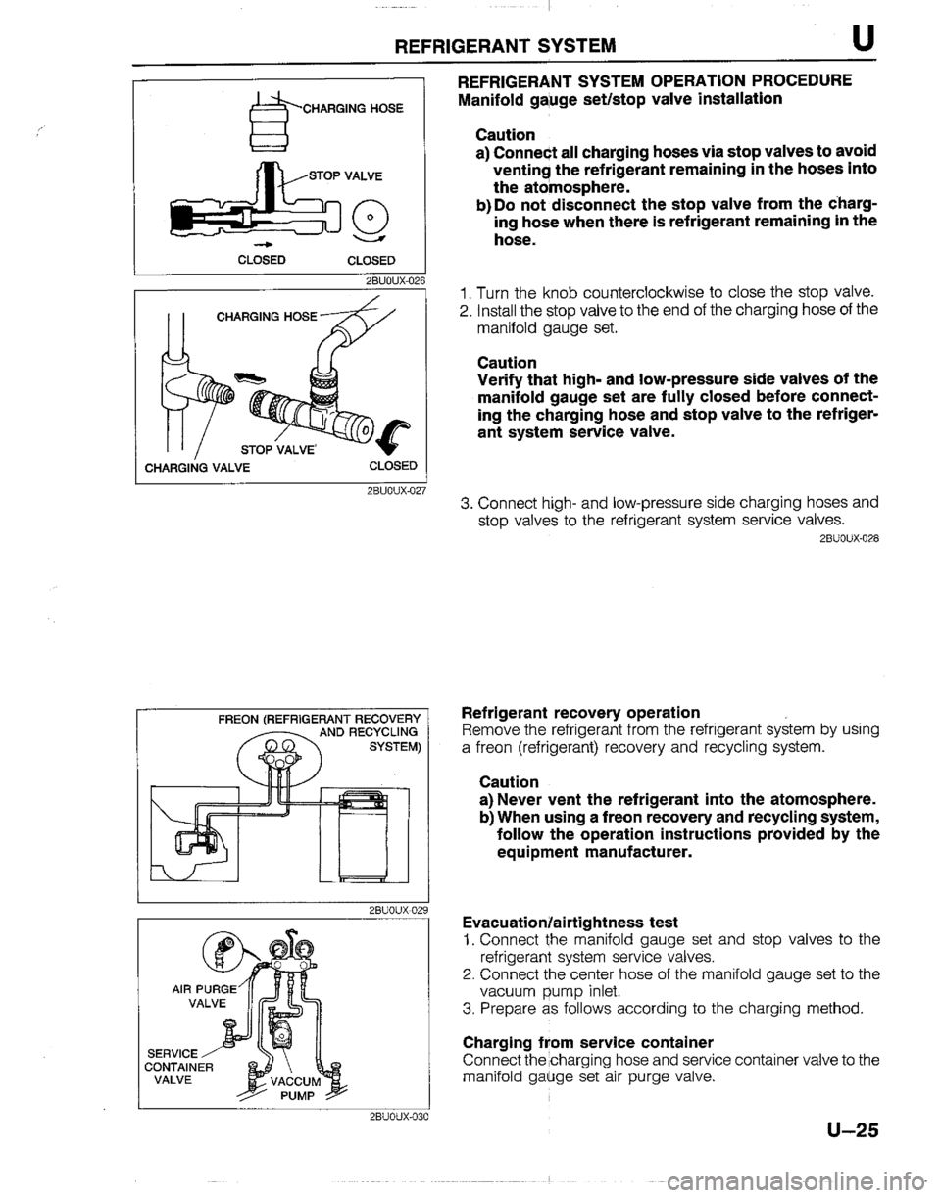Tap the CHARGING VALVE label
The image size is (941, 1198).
click(x=195, y=467)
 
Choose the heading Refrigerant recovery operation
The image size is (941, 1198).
click(x=579, y=711)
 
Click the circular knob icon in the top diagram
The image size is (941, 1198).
click(x=377, y=219)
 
